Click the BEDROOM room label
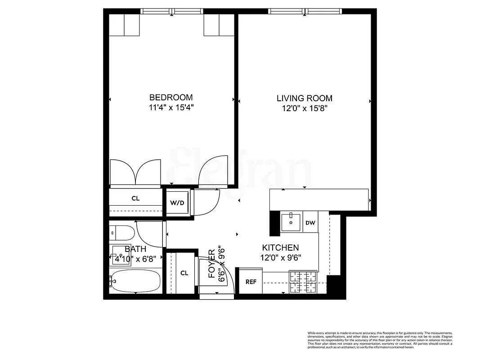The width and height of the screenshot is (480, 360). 171,97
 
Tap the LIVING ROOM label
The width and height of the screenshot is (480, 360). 305,98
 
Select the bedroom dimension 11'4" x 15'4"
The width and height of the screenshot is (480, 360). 171,108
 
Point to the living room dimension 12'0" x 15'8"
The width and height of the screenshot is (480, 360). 305,108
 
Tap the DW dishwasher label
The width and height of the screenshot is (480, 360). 310,222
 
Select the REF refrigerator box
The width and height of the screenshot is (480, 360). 251,282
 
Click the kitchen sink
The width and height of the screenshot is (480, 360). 292,221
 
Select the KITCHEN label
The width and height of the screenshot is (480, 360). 280,247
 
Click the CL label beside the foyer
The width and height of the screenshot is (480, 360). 184,273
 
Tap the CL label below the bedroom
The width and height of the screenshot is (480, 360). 135,198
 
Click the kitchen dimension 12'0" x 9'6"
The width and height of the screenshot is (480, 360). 280,258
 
